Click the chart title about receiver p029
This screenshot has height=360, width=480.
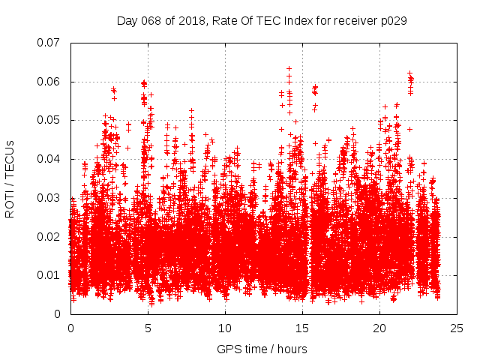262,21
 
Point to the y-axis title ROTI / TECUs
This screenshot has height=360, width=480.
10,178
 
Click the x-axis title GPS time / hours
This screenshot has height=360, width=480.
262,349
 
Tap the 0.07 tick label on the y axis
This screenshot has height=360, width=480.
49,43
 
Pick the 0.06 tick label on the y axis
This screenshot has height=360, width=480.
49,82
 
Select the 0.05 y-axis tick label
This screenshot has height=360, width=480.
49,120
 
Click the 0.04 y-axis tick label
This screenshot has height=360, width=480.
49,159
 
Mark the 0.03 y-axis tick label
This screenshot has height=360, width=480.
49,198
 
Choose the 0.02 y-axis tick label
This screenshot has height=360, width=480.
49,236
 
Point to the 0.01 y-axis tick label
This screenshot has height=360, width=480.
49,275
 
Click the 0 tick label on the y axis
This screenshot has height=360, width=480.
58,314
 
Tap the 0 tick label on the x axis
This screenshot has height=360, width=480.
70,328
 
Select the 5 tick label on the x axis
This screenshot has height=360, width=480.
148,328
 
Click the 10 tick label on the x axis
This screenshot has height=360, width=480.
225,328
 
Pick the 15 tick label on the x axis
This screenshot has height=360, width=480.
302,328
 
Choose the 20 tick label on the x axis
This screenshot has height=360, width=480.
379,328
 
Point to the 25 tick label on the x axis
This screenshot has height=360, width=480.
457,328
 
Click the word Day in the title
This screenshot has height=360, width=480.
127,21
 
